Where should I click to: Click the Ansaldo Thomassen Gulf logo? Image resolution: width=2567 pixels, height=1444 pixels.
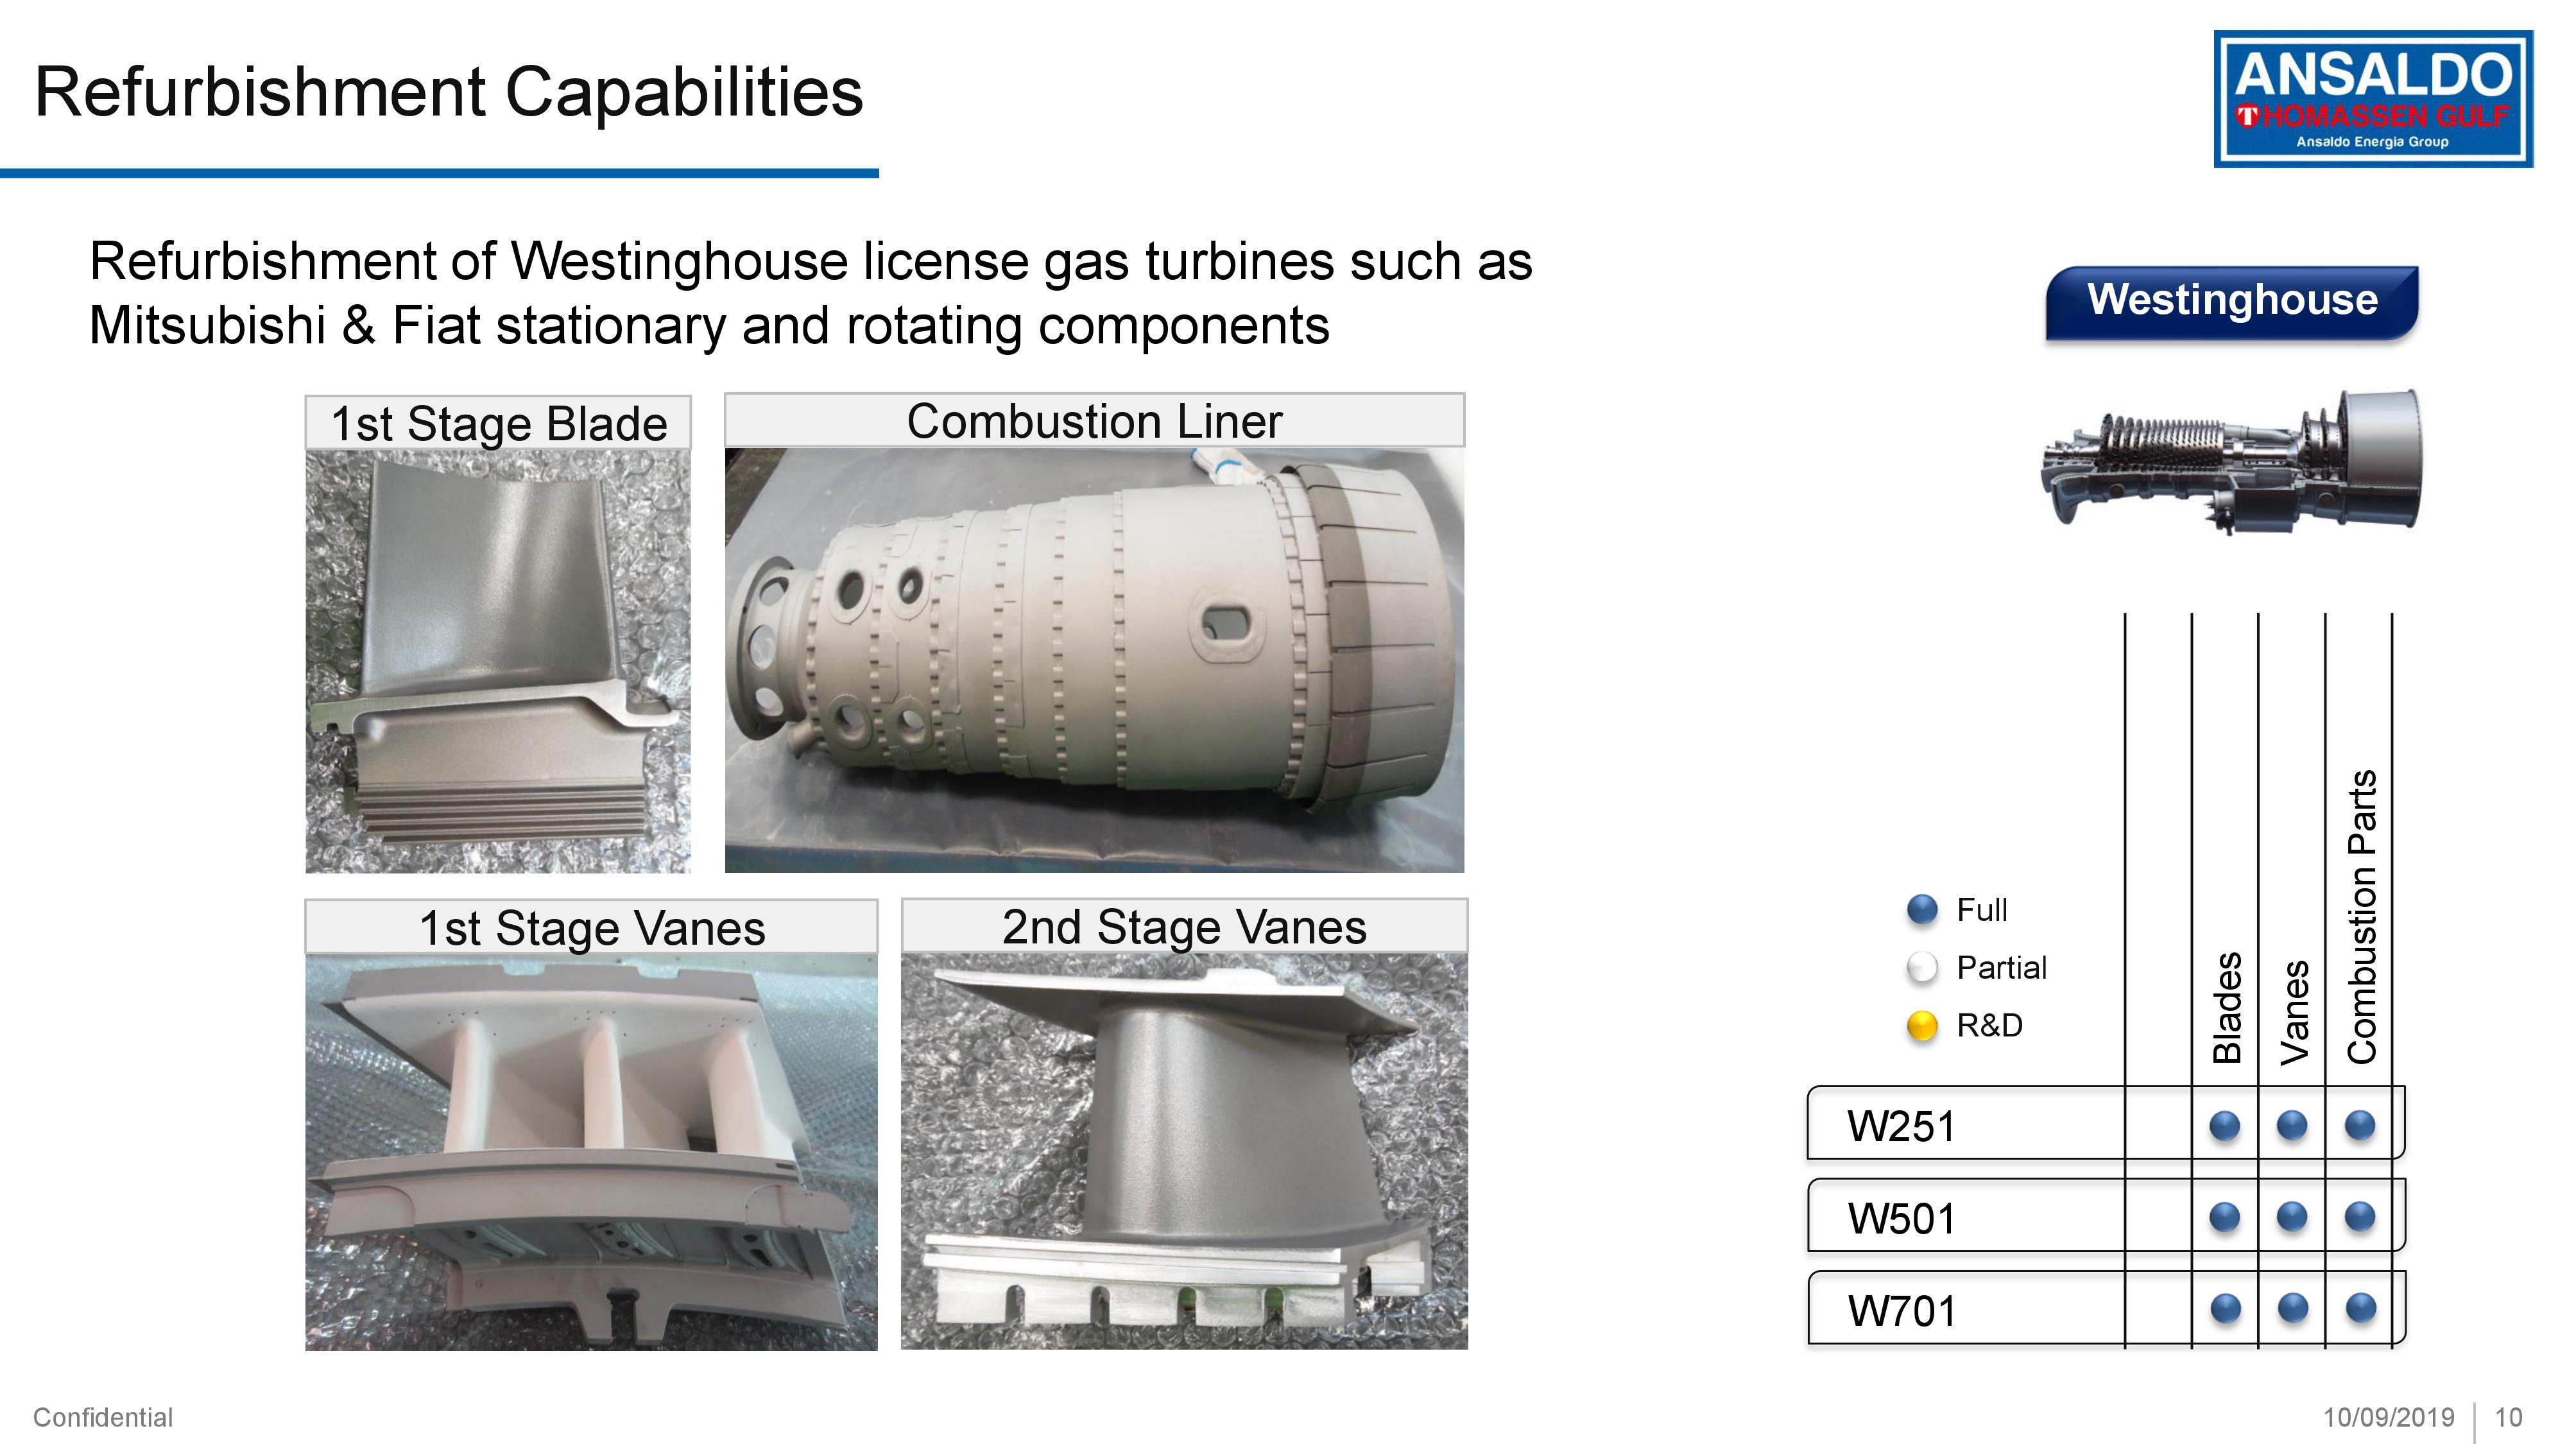point(2373,99)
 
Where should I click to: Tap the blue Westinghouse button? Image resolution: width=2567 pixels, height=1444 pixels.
point(2232,302)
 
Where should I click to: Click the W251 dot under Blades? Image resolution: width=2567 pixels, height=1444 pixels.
point(2224,1126)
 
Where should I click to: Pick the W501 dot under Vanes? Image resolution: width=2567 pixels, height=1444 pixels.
point(2292,1217)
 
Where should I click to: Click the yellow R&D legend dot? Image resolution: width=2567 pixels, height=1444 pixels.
point(1921,1026)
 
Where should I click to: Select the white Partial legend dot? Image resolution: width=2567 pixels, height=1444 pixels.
point(1921,968)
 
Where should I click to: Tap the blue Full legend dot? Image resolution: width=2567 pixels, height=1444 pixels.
point(1921,909)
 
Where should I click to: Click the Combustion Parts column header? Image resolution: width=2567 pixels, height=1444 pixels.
point(2362,917)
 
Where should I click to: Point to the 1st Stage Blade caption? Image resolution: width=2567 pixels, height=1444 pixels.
point(498,424)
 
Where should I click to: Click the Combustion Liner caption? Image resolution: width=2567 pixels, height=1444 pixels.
point(1094,420)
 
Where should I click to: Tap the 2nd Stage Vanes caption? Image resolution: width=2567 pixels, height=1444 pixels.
point(1184,927)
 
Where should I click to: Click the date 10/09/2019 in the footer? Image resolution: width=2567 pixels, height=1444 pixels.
point(2389,1417)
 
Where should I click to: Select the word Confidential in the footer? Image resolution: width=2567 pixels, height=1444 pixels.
point(103,1417)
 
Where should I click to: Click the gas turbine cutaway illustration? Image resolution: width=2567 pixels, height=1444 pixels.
point(2230,460)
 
